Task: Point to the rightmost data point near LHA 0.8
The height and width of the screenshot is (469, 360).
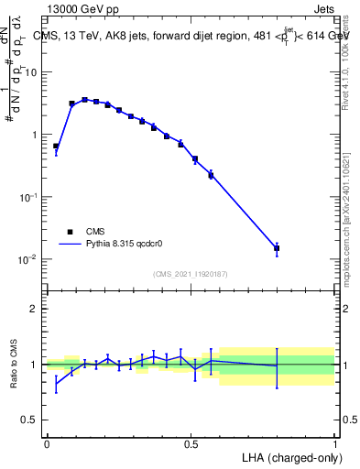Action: [277, 248]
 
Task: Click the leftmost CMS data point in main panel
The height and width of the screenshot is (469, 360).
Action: [56, 146]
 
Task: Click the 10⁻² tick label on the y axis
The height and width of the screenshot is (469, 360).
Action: [30, 260]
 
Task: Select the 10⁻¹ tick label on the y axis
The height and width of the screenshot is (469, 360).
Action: [30, 197]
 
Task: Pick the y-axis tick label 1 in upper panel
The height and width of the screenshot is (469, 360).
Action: [35, 135]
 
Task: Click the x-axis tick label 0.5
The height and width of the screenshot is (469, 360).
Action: [191, 444]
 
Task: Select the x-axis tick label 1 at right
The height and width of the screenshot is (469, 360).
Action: [334, 444]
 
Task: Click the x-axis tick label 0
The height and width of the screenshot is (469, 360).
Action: [47, 444]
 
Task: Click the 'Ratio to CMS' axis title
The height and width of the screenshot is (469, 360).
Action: [14, 364]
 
